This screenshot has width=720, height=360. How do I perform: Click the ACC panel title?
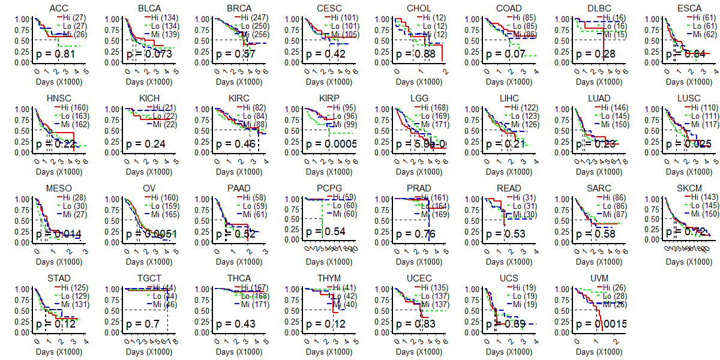(59, 8)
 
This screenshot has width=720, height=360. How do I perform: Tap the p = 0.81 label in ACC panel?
(56, 55)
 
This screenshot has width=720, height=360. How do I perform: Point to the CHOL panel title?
(419, 8)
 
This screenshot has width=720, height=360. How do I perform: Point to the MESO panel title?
(59, 188)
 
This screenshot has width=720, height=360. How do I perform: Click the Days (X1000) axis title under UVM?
(599, 352)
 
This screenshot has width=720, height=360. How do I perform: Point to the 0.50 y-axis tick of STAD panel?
(22, 310)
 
